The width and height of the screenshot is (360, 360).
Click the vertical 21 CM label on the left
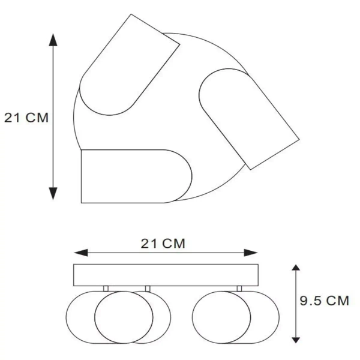(26, 118)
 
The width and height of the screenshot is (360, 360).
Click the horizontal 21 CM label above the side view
(163, 244)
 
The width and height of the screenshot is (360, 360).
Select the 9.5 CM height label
(324, 301)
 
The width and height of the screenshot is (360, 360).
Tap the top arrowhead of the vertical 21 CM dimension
(53, 40)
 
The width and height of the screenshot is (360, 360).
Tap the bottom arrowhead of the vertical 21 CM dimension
(53, 194)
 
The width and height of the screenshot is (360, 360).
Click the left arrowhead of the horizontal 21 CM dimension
(81, 253)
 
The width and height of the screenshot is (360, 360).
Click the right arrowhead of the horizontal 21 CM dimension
(251, 253)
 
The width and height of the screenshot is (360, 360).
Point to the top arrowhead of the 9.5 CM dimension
(296, 267)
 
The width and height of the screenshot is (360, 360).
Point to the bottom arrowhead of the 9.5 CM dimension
(296, 340)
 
